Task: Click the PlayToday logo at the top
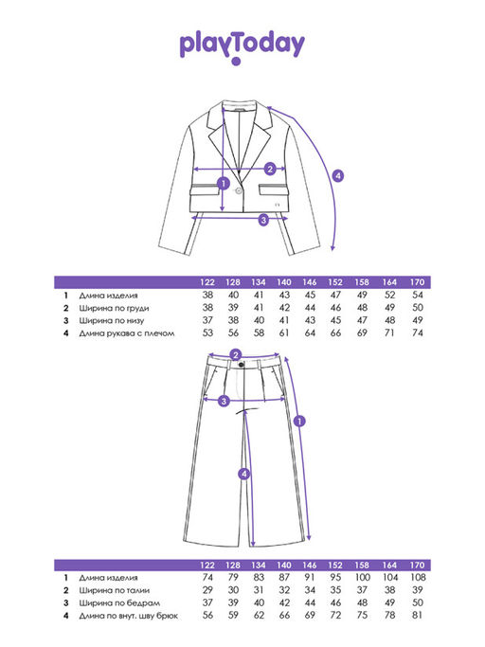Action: [242, 47]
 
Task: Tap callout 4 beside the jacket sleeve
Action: [338, 176]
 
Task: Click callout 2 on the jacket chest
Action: [270, 169]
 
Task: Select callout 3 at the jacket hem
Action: [263, 220]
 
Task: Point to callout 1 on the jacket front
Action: [224, 183]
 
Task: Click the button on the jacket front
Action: [238, 189]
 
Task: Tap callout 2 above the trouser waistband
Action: [236, 355]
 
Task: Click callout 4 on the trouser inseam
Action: [244, 474]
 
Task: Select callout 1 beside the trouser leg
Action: [299, 422]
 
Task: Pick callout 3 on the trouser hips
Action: [224, 401]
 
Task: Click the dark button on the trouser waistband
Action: [241, 365]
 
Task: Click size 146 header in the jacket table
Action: [310, 282]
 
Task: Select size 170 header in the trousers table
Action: [418, 566]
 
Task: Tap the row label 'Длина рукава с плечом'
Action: [127, 333]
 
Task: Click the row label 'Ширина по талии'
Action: [115, 590]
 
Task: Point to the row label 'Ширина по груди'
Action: [114, 308]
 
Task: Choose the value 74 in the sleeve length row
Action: [418, 333]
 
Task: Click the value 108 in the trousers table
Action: [418, 577]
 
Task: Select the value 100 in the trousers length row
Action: [362, 577]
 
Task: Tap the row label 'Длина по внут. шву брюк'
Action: [129, 616]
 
